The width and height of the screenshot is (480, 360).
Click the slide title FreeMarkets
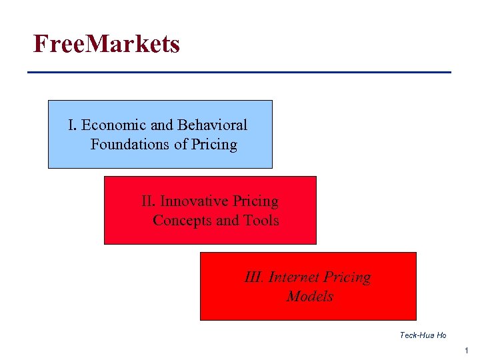107,44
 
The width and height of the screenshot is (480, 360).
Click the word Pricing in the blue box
214,145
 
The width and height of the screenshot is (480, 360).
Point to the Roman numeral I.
72,125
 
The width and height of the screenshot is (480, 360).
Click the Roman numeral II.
148,201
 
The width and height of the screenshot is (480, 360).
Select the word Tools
261,221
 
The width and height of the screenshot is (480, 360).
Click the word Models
309,297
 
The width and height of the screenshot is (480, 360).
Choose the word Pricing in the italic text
348,277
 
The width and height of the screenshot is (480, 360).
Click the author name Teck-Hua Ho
423,335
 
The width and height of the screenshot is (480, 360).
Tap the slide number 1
467,351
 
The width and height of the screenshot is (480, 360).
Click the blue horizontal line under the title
239,72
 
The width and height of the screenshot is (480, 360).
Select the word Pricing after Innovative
255,201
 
